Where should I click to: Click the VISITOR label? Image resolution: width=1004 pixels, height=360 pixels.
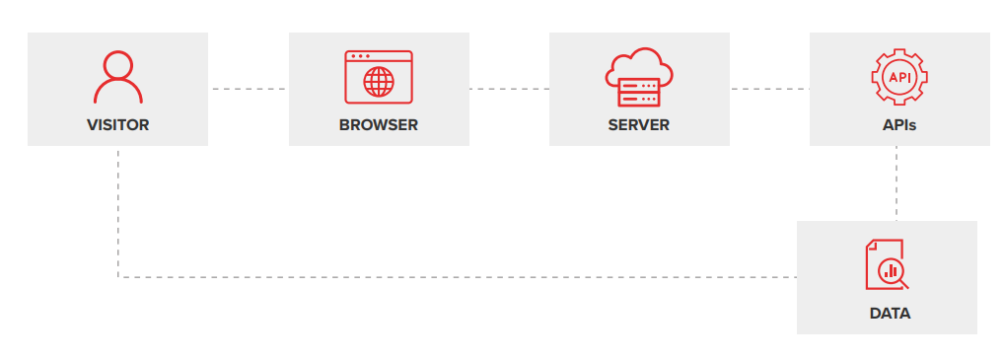117,125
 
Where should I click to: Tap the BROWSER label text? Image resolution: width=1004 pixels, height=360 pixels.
379,125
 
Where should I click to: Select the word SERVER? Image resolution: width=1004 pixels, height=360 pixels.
639,125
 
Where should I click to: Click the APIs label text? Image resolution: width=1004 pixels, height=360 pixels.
899,125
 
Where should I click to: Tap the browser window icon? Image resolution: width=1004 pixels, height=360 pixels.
379,77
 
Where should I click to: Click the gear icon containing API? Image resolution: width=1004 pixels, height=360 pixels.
899,77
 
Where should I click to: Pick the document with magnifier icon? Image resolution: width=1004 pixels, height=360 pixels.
886,266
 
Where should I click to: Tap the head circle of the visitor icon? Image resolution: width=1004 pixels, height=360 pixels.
117,65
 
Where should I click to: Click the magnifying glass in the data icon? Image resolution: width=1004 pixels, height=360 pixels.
892,271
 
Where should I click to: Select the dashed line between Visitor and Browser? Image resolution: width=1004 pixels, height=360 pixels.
248,89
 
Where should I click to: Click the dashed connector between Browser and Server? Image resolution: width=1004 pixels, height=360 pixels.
509,89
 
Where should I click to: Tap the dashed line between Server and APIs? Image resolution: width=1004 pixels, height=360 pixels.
769,89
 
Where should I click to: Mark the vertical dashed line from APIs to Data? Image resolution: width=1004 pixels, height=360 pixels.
896,182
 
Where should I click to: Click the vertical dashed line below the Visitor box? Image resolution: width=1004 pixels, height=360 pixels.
118,212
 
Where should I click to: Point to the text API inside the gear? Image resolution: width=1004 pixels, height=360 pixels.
899,76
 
